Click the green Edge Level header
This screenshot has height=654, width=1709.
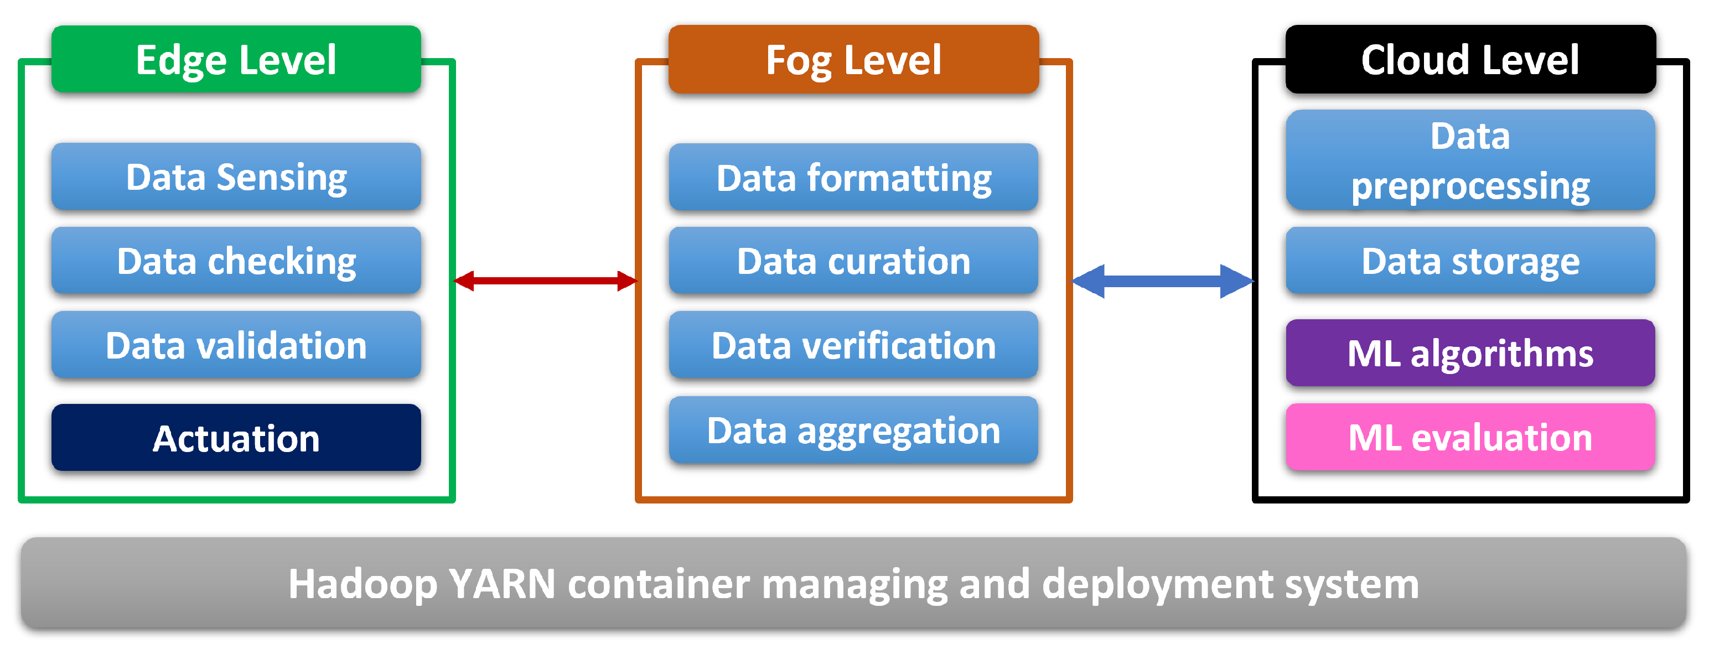coord(236,60)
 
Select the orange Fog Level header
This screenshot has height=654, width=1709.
coord(853,60)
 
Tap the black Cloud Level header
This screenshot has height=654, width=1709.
coord(1470,60)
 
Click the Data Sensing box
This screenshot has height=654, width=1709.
coord(236,177)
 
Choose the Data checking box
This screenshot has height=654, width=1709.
coord(236,261)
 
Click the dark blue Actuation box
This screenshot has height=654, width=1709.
coord(236,438)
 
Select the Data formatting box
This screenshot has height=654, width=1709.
coord(853,178)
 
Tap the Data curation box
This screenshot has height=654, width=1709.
coord(853,261)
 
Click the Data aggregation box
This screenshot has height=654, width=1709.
coord(853,430)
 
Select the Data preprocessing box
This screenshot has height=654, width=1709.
coord(1470,160)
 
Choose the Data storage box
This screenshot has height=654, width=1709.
coord(1470,261)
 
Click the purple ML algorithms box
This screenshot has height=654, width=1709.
coord(1470,353)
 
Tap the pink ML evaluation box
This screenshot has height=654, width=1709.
coord(1470,438)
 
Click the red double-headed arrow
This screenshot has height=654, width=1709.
coord(545,281)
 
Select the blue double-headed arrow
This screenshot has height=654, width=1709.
coord(1162,281)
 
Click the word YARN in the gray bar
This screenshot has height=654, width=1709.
coord(501,584)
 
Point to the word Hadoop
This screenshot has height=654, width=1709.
coord(362,584)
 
